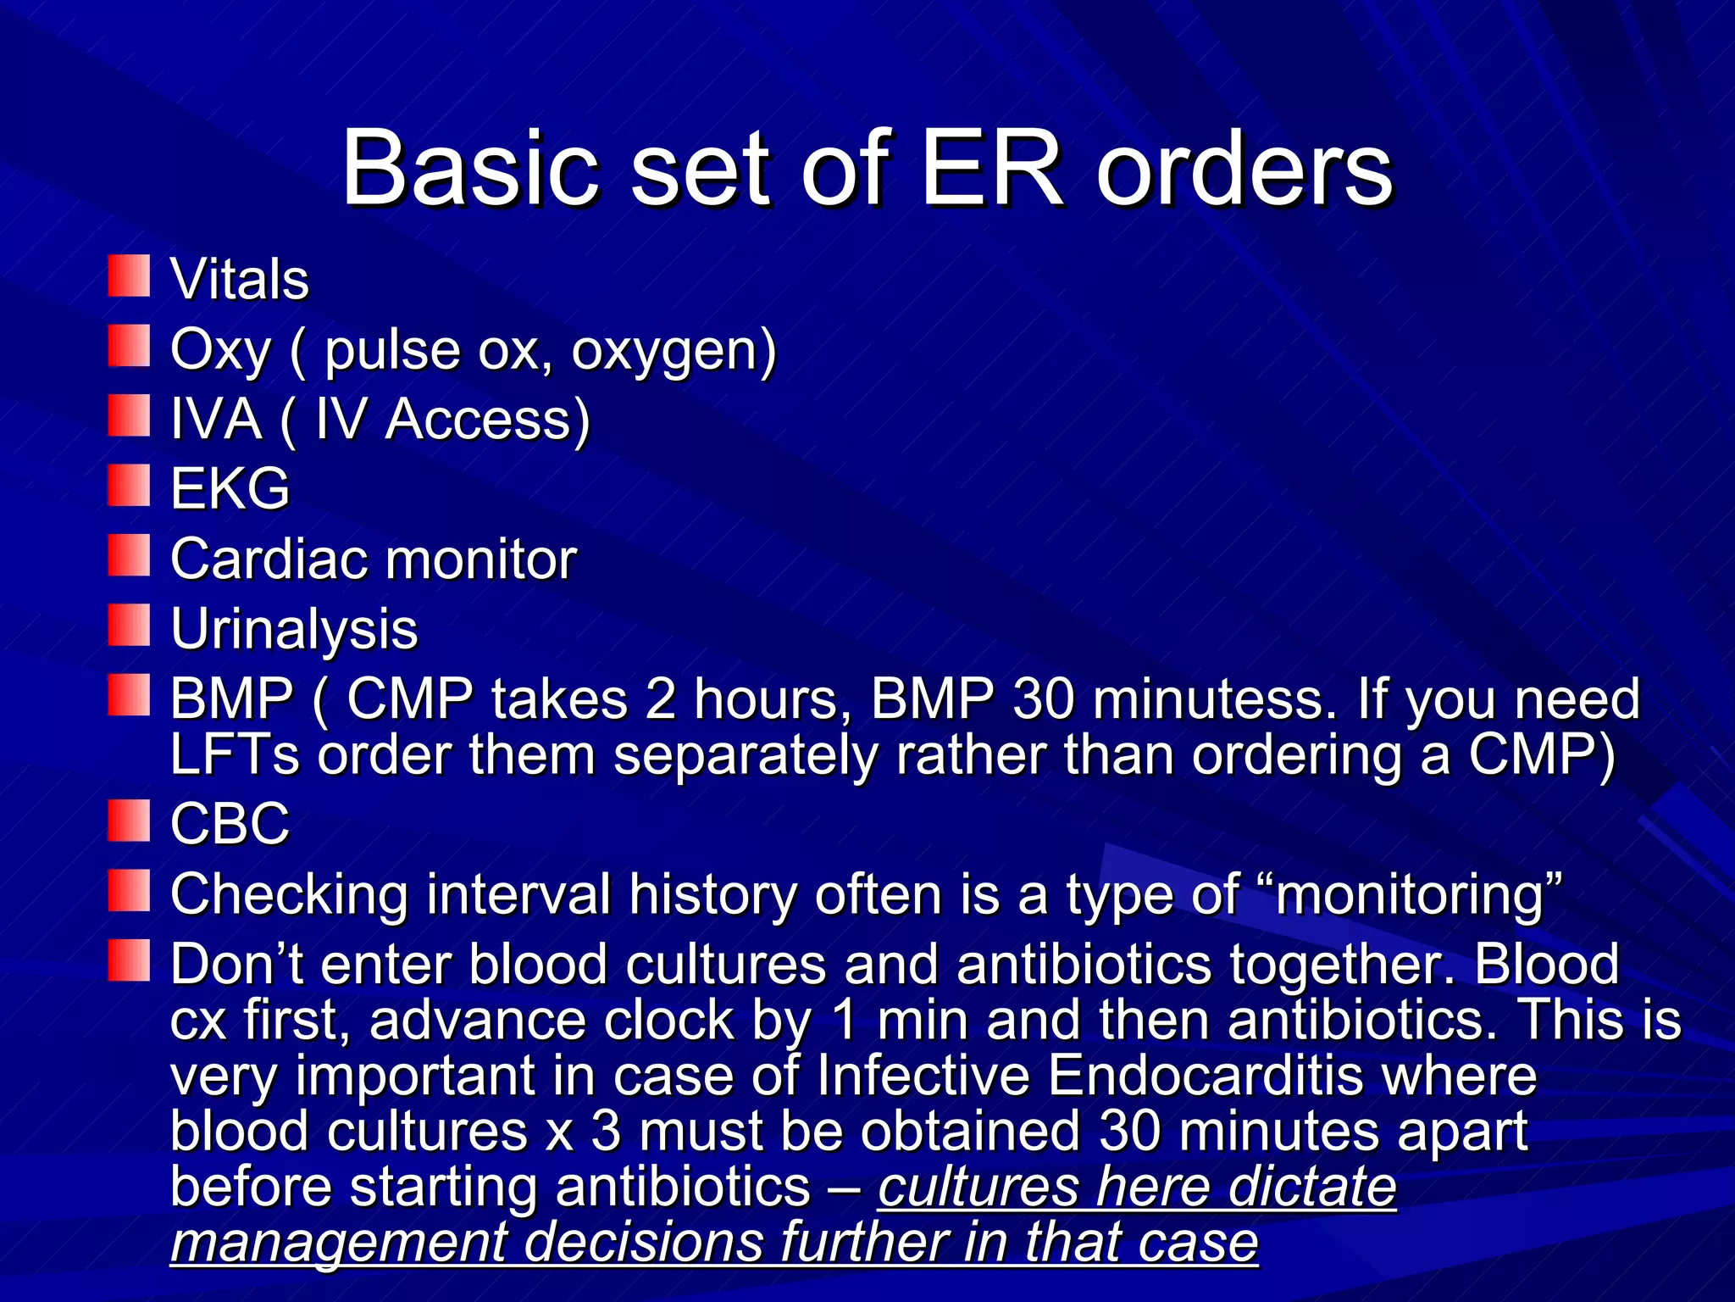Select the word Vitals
coord(240,280)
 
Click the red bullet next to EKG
coord(129,486)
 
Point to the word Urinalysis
coord(294,630)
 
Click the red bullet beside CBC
coord(129,821)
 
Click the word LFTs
coord(235,754)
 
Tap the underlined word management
coord(338,1243)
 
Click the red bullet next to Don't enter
coord(129,960)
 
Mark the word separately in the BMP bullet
coord(746,754)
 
